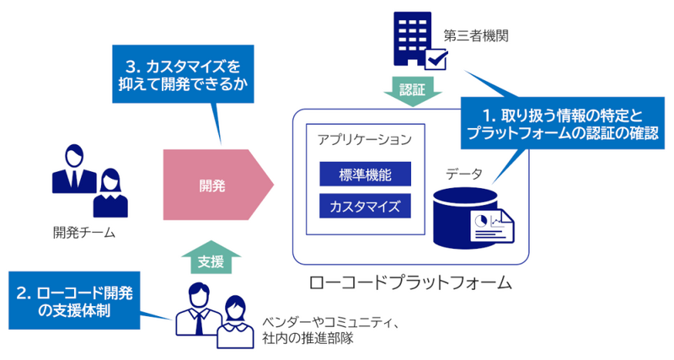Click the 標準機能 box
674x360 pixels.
point(365,175)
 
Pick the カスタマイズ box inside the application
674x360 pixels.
point(365,206)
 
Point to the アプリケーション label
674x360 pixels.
point(365,139)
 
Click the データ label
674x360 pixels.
point(464,175)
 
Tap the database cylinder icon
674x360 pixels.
point(459,217)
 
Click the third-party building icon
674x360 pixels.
point(410,39)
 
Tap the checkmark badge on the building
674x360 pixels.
point(436,59)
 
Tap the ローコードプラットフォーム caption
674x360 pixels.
point(410,282)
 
